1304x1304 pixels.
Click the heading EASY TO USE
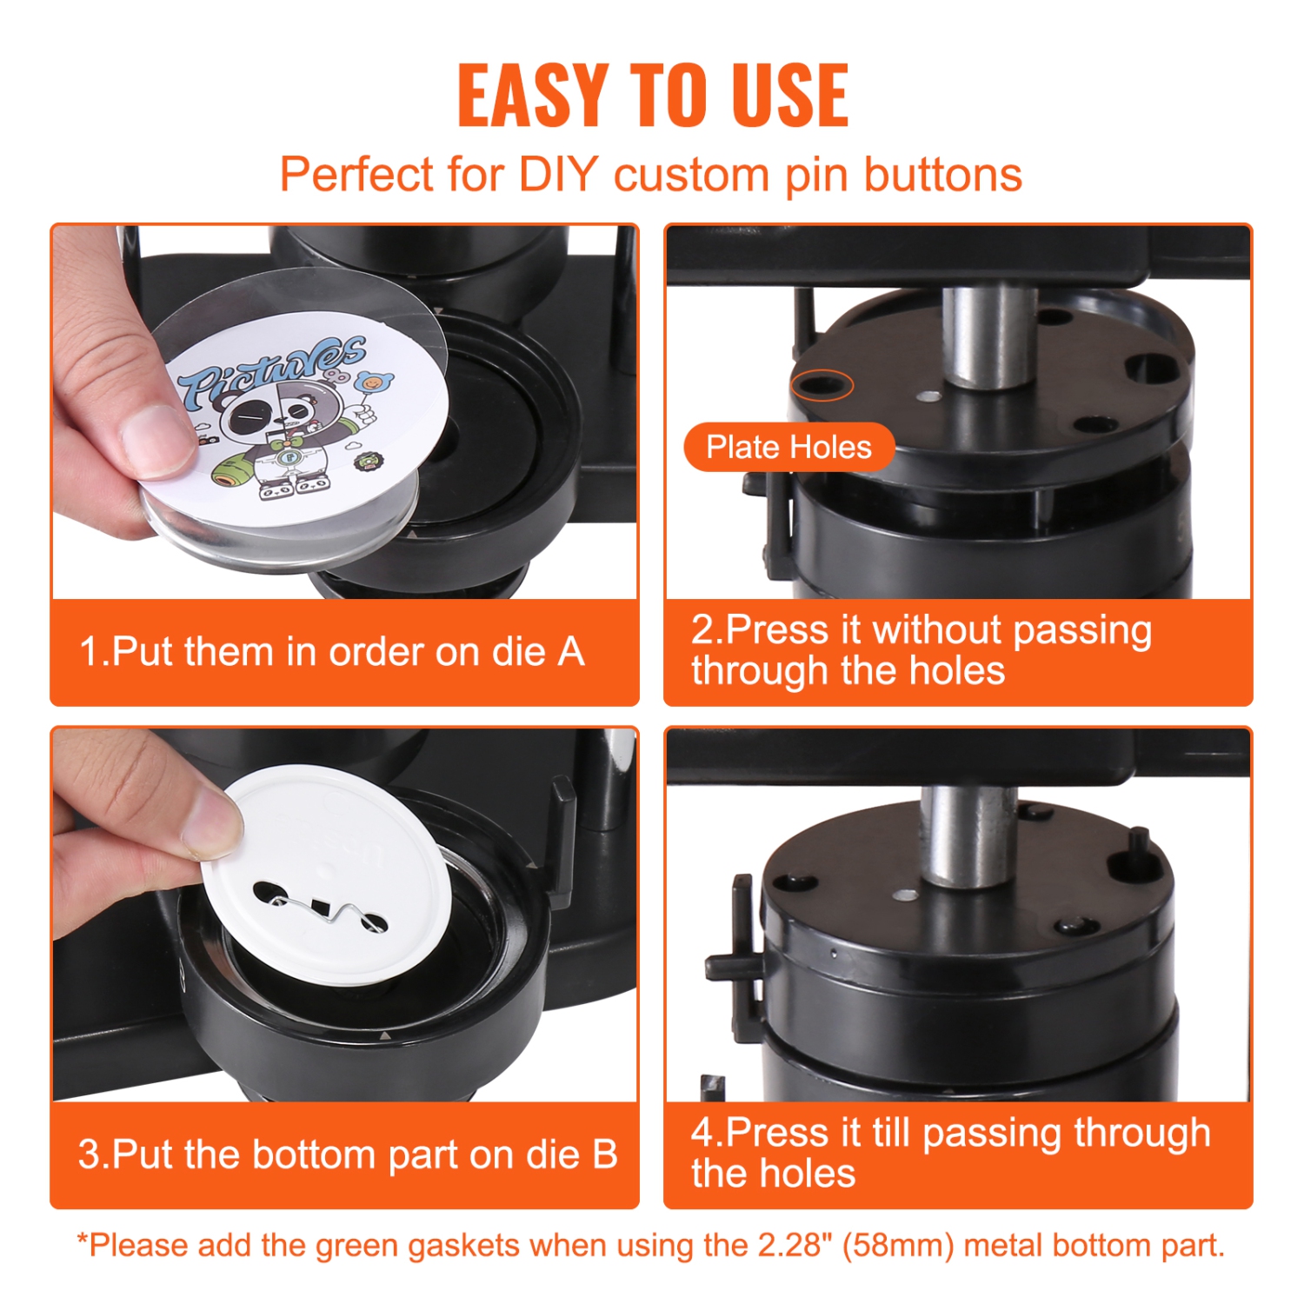click(652, 96)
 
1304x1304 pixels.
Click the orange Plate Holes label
click(788, 447)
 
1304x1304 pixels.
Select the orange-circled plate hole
click(822, 384)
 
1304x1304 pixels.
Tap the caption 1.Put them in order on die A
click(331, 652)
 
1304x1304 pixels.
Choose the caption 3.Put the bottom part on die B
click(347, 1154)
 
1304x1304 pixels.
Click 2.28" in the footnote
click(788, 1245)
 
